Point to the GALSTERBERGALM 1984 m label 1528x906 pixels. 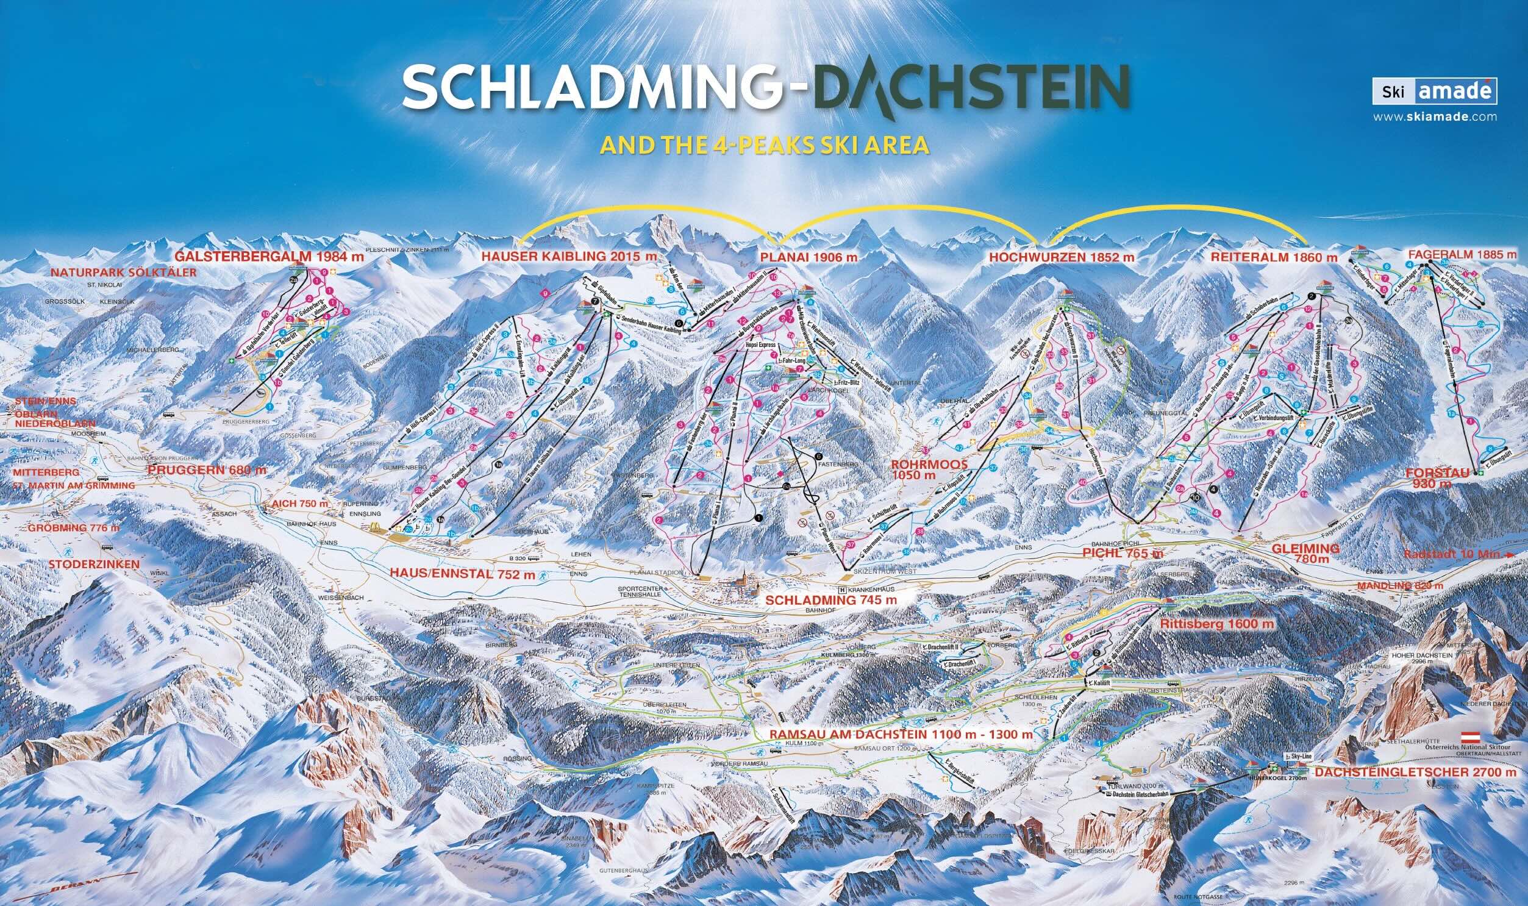[x=270, y=257]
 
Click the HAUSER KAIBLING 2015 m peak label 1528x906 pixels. [x=569, y=257]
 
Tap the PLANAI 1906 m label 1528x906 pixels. [x=809, y=257]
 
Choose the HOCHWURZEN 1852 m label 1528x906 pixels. [x=1062, y=258]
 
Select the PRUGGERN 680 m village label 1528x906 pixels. [x=207, y=470]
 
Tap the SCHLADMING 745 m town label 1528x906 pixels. [x=831, y=600]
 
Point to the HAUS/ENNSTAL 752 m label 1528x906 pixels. [x=462, y=574]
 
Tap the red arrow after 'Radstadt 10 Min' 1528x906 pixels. [x=1507, y=555]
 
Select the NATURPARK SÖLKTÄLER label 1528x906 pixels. [x=124, y=273]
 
